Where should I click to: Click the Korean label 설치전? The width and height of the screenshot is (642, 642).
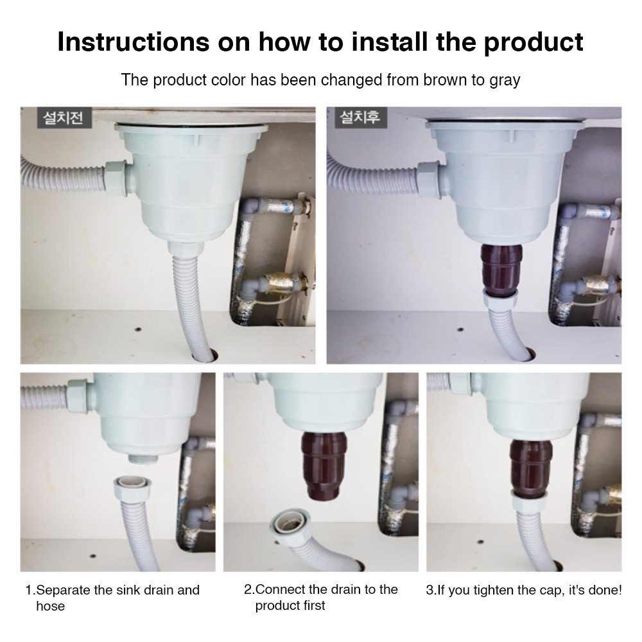(64, 118)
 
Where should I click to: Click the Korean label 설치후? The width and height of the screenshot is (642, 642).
(360, 117)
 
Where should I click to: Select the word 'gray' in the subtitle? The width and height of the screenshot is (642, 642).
(504, 81)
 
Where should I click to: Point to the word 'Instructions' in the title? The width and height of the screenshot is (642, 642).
(133, 42)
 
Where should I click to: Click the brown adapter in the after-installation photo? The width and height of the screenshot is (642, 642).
(501, 268)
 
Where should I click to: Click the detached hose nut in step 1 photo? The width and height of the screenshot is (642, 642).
(133, 487)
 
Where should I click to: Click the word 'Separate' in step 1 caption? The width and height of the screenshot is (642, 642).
(64, 590)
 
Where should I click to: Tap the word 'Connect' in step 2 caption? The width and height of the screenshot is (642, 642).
(281, 589)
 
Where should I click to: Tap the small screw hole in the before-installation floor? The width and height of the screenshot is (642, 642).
(139, 329)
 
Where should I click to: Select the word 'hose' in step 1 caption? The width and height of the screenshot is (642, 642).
(50, 606)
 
